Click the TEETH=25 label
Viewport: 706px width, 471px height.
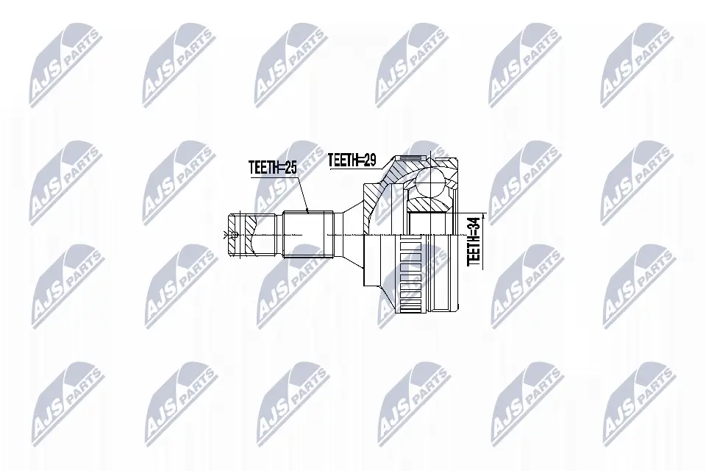point(272,169)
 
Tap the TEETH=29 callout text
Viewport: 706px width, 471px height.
point(352,158)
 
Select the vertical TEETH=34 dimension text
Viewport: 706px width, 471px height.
point(474,240)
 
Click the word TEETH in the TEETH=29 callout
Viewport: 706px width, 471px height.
point(343,158)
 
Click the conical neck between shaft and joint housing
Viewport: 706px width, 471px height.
point(350,234)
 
